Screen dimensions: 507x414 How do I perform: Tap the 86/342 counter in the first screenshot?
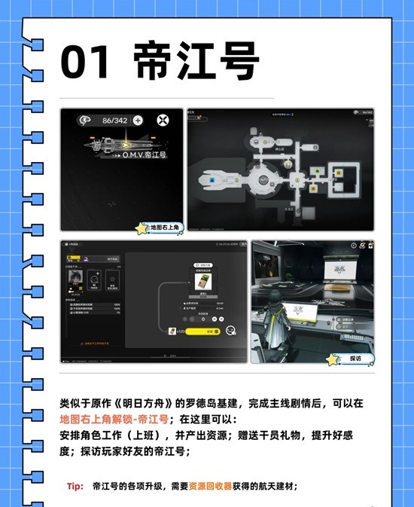click(x=115, y=120)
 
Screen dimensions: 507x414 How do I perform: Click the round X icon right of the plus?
click(x=162, y=120)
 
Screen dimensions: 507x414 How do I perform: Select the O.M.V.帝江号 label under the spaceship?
click(x=145, y=154)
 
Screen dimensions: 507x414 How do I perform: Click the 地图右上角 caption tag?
click(x=163, y=227)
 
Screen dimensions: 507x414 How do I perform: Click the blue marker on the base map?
click(x=222, y=181)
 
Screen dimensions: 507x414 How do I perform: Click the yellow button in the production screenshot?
click(x=202, y=331)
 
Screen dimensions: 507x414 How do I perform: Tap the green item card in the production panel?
click(x=202, y=282)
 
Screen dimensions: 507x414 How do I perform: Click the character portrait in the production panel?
click(x=75, y=276)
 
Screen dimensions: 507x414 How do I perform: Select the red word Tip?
click(x=75, y=487)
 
